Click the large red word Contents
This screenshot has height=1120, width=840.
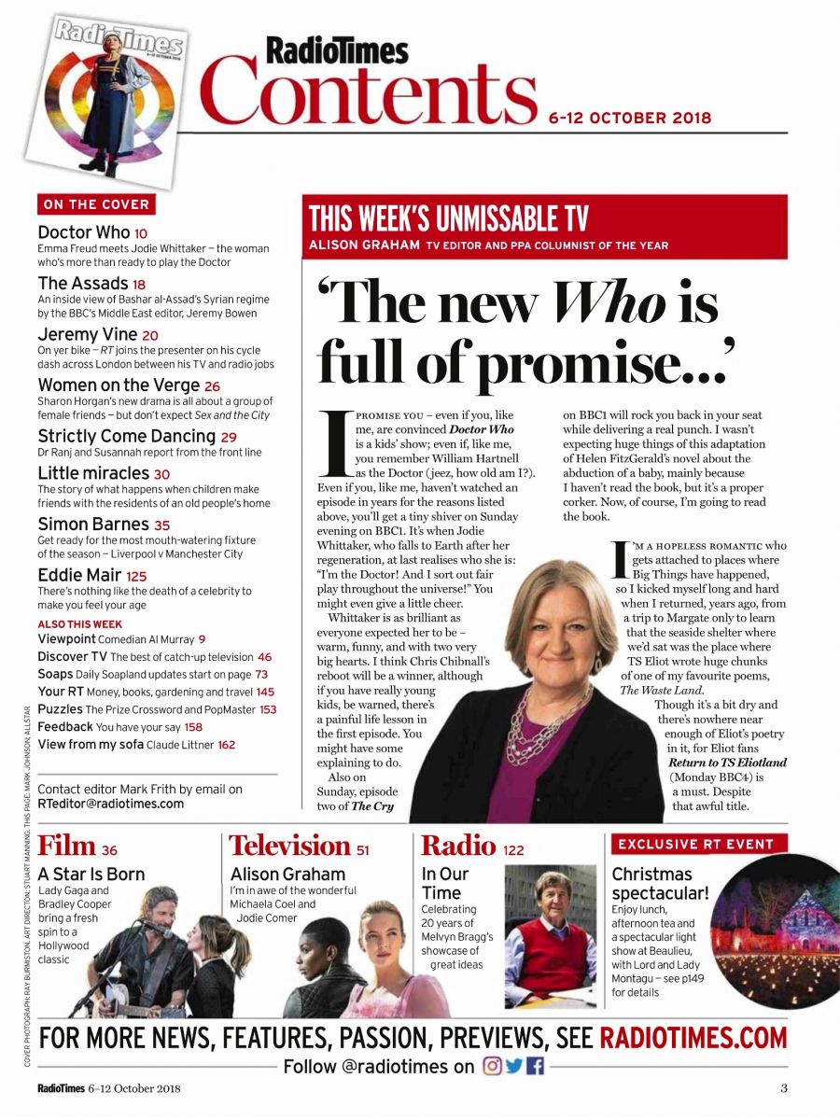(370, 91)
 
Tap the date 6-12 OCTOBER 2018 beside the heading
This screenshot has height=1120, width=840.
(630, 119)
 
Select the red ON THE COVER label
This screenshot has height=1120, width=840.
(95, 204)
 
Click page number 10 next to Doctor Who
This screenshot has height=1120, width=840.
(141, 232)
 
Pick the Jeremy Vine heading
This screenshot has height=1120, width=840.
(88, 334)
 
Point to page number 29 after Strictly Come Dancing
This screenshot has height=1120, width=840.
(229, 437)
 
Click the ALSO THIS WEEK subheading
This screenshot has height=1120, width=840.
(79, 623)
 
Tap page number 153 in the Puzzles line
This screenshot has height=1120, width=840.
(268, 709)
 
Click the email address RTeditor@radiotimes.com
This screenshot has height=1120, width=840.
(111, 804)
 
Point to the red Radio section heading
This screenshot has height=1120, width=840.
(458, 846)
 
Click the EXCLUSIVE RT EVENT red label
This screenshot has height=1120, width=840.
(696, 845)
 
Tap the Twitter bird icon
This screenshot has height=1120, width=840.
(514, 1067)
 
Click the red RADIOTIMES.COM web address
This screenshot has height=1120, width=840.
(693, 1037)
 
